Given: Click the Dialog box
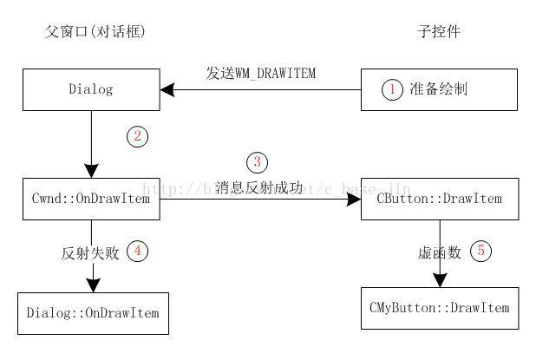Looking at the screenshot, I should tap(91, 89).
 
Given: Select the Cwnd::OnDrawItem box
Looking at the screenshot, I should tap(91, 200).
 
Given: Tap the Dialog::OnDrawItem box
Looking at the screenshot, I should tap(93, 312).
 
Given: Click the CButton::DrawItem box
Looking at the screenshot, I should tap(440, 200).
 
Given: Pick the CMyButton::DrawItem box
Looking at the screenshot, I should tap(440, 308).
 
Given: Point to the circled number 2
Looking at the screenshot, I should tap(137, 136).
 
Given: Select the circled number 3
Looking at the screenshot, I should tap(257, 162).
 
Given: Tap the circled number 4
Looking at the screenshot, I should tap(137, 252).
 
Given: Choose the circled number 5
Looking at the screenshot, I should tap(481, 252).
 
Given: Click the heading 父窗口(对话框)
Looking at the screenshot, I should tap(95, 32).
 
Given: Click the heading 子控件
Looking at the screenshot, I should tap(438, 32).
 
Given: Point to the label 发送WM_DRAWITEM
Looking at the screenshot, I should tap(260, 74).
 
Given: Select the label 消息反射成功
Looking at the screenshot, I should tap(260, 187).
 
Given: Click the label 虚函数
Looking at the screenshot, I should tap(436, 252).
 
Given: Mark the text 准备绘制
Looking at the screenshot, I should tap(438, 89).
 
